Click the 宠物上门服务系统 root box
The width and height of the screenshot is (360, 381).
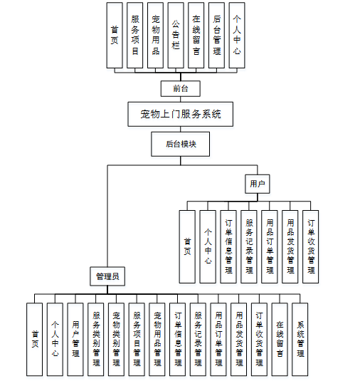pos(181,114)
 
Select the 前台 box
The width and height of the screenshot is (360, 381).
pos(181,89)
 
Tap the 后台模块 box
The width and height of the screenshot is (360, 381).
pos(181,144)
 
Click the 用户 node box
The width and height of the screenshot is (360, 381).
pos(258,184)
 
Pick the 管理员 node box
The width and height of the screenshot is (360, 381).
pos(107,276)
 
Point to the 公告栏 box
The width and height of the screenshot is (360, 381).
pos(176,36)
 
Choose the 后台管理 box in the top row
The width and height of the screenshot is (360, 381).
pos(216,36)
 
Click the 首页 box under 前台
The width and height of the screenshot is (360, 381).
pos(115,36)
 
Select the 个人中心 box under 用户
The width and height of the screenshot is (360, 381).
pos(208,246)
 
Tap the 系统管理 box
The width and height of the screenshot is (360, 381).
pos(300,339)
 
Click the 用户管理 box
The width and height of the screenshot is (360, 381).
pos(75,339)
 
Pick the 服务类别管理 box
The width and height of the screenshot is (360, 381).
pos(95,339)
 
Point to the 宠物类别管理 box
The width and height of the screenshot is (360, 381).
pos(116,339)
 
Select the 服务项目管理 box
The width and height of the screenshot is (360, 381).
pos(137,339)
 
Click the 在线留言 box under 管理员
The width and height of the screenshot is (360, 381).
pos(280,339)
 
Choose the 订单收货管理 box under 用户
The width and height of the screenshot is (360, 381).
pos(311,246)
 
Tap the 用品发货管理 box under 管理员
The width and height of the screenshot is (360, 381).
pos(239,339)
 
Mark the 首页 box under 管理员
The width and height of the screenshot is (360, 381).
pos(34,339)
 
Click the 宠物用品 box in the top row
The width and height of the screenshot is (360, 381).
pos(155,36)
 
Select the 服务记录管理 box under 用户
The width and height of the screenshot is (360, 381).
pos(249,246)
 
